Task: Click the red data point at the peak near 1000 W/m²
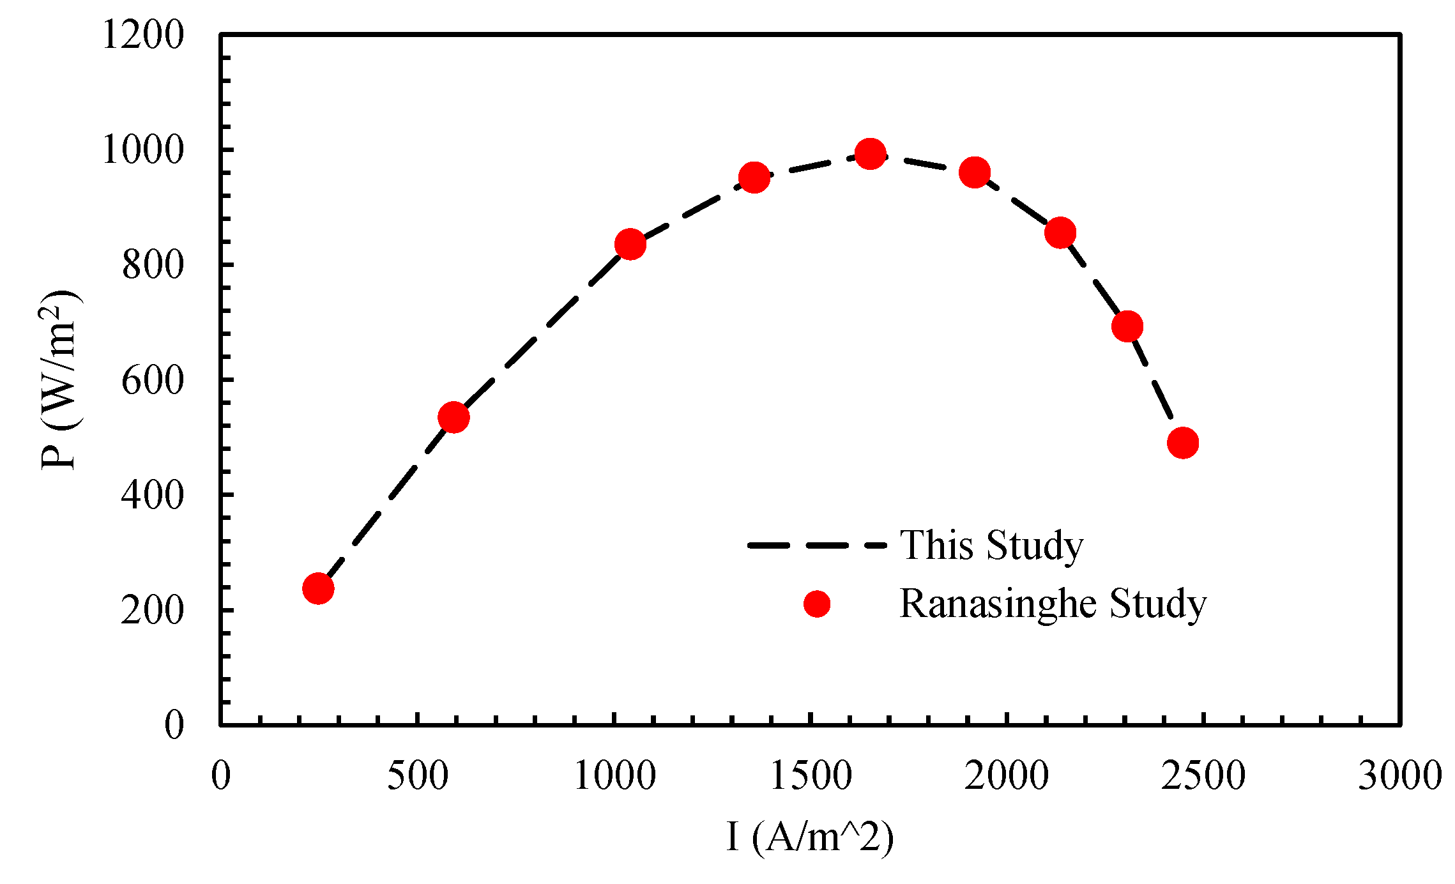(870, 154)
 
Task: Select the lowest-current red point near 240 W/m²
(318, 588)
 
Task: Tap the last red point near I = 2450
(1182, 443)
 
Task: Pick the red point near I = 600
(453, 417)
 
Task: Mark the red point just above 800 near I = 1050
(630, 244)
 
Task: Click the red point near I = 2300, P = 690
(1127, 326)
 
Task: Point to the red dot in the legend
(816, 604)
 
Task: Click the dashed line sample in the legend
(816, 545)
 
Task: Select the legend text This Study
(991, 545)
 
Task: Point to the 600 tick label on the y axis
(153, 381)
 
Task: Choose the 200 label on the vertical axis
(153, 611)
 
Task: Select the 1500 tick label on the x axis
(811, 776)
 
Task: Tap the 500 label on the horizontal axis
(418, 776)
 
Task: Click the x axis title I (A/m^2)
(810, 837)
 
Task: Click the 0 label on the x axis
(221, 776)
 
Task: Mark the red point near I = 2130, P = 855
(1060, 232)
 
